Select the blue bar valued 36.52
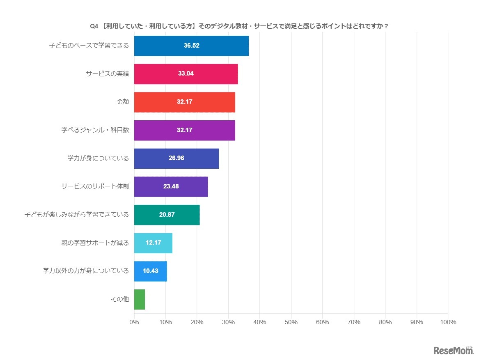tap(191, 46)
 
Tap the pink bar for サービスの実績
tap(186, 74)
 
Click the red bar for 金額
tap(184, 102)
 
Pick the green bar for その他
tap(140, 299)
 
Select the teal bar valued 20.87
tap(167, 215)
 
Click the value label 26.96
tap(176, 158)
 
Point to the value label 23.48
tap(171, 186)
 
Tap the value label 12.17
tap(153, 243)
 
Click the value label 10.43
tap(150, 271)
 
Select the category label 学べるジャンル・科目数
tap(95, 130)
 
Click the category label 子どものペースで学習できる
tap(89, 46)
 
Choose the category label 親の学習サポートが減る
tap(95, 243)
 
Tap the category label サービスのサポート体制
tap(95, 186)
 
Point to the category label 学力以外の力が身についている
tap(86, 271)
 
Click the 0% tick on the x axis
tap(134, 322)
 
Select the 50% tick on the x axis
tap(291, 322)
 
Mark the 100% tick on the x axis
tap(447, 322)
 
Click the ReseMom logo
tap(453, 350)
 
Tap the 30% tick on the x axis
tap(228, 322)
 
